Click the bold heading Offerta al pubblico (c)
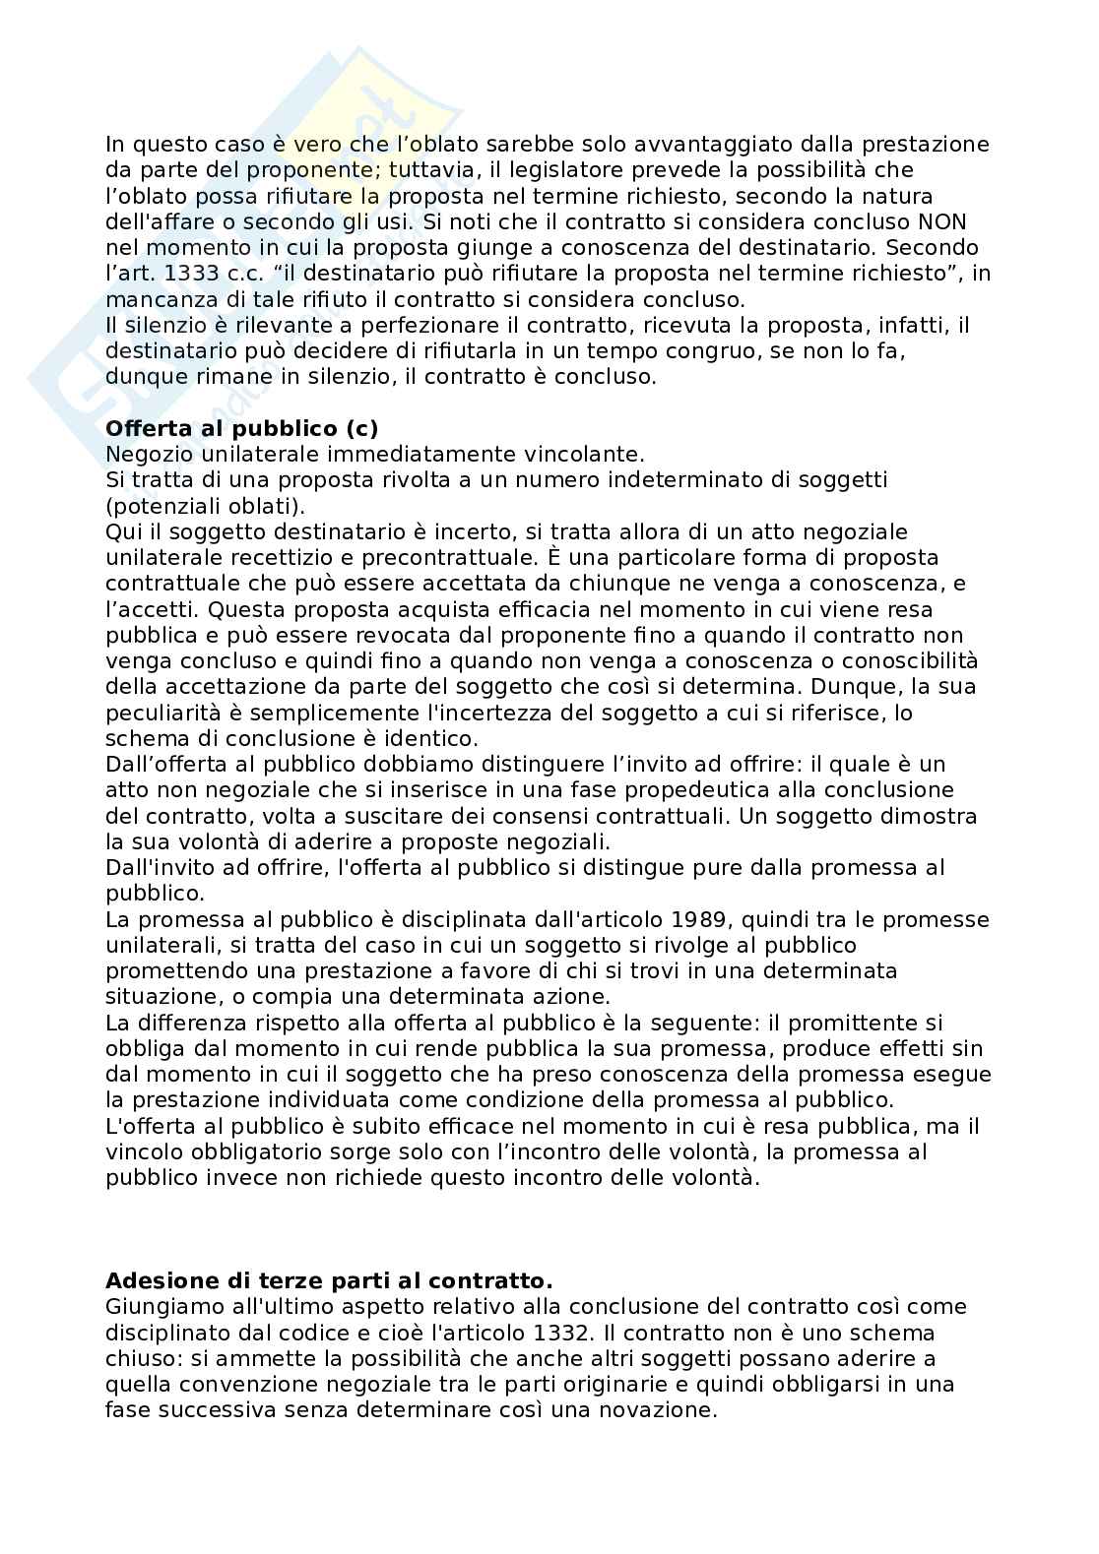point(241,428)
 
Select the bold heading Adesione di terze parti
point(329,1280)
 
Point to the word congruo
point(553,350)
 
